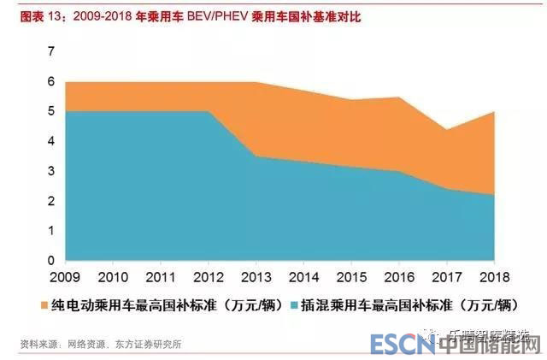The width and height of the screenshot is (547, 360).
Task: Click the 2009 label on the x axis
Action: point(67,279)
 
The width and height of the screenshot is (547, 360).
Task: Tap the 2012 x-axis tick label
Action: point(209,279)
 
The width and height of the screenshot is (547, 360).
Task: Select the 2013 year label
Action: point(256,279)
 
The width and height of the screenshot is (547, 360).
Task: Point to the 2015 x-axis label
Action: point(351,279)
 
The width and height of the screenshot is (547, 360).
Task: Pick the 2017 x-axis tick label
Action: point(447,279)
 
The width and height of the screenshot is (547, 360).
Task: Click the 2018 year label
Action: point(494,279)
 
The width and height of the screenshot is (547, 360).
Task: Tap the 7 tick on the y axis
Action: point(50,51)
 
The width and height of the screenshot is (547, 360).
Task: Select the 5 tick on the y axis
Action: point(50,111)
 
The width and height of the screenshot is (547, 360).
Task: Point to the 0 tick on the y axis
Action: point(50,260)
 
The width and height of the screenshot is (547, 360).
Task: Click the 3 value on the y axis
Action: point(50,171)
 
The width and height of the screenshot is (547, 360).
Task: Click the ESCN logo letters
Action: point(402,344)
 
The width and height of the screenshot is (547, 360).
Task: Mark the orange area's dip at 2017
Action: point(447,130)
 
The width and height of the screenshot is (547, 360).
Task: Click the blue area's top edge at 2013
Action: point(256,156)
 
